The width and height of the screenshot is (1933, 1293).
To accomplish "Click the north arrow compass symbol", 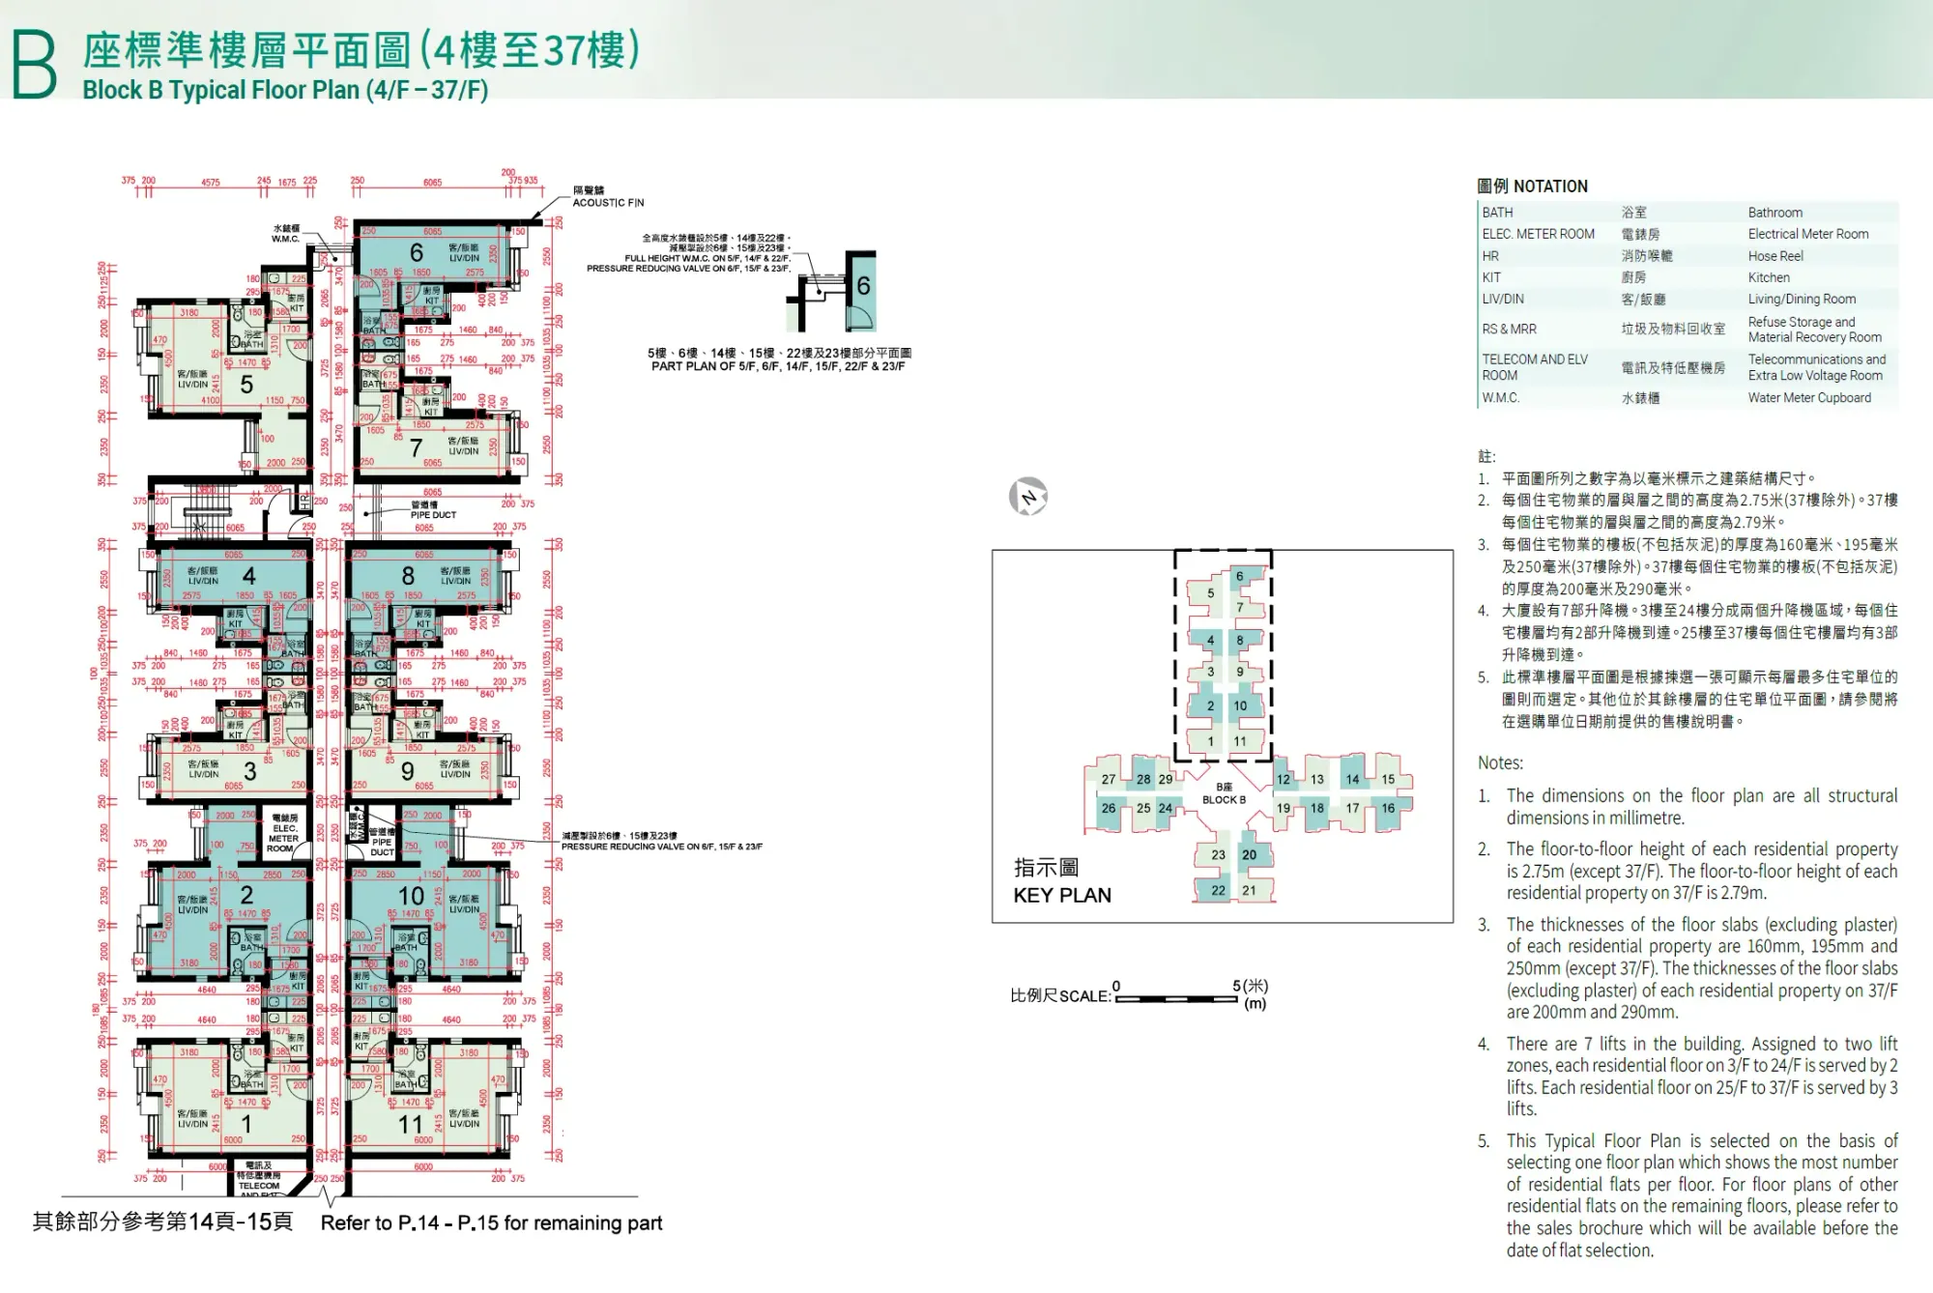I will pyautogui.click(x=1028, y=497).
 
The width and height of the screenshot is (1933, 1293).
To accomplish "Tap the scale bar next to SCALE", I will pyautogui.click(x=1176, y=998).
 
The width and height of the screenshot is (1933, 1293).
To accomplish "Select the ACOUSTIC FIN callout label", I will pyautogui.click(x=608, y=203).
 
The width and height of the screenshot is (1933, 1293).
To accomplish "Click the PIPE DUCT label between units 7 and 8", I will pyautogui.click(x=432, y=515).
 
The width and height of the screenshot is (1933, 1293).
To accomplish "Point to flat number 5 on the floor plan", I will pyautogui.click(x=246, y=386).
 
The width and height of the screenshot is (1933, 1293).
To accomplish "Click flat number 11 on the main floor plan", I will pyautogui.click(x=411, y=1125).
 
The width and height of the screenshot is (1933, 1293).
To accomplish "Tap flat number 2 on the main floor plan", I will pyautogui.click(x=246, y=896).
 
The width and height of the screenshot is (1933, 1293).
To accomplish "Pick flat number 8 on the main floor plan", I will pyautogui.click(x=408, y=576).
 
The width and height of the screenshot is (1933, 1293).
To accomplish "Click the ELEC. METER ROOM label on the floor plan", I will pyautogui.click(x=283, y=833).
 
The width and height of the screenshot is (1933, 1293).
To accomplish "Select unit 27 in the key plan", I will pyautogui.click(x=1109, y=779).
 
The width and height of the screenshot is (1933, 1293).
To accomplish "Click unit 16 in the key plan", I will pyautogui.click(x=1388, y=808).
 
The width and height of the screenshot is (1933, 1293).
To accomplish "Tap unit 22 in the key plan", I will pyautogui.click(x=1218, y=890).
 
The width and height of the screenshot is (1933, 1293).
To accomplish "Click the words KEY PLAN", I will pyautogui.click(x=1062, y=895).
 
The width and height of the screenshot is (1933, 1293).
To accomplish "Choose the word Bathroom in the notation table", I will pyautogui.click(x=1774, y=213).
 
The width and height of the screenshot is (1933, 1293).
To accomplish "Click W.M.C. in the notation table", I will pyautogui.click(x=1500, y=398).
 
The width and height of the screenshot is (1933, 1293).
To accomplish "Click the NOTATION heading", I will pyautogui.click(x=1550, y=187).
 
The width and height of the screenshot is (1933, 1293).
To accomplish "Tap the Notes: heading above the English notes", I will pyautogui.click(x=1500, y=762).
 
